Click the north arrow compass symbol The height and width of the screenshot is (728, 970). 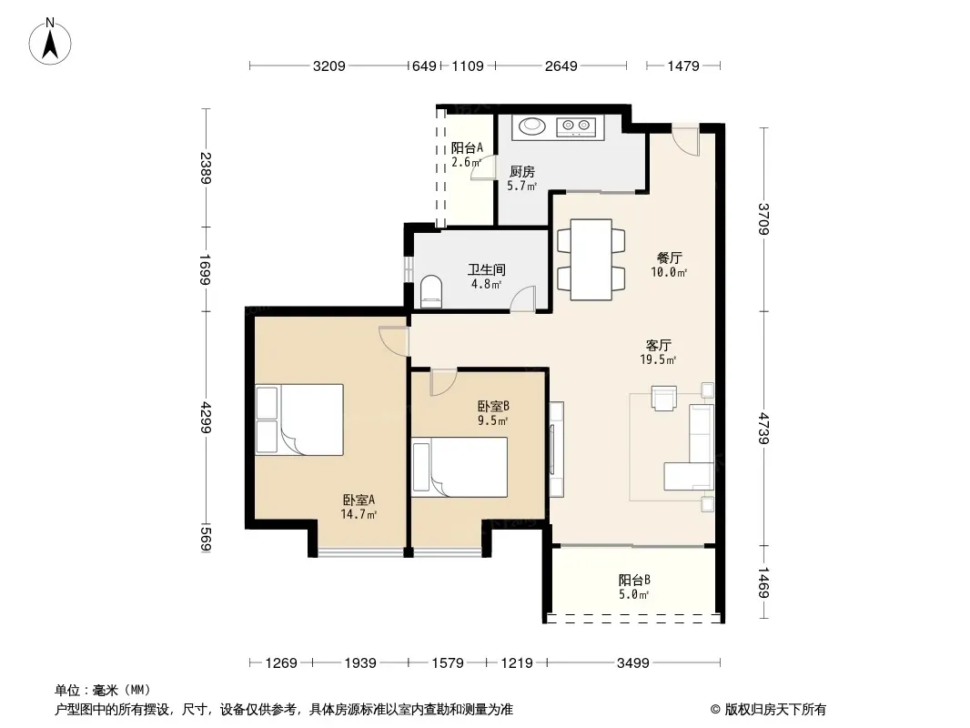pos(50,42)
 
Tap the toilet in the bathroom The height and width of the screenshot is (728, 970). pos(431,292)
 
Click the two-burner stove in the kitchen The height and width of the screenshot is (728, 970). pos(576,126)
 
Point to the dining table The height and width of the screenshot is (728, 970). pos(591,259)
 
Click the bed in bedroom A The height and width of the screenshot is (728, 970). pos(299,420)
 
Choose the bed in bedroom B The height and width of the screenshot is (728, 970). pos(460,467)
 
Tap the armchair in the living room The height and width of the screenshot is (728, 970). pos(663,399)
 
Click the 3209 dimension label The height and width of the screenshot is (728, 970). pos(329,66)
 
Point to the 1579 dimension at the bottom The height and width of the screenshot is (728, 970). pos(448,663)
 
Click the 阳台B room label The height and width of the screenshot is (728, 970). pos(634,581)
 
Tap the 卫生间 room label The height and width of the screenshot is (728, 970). pos(486,269)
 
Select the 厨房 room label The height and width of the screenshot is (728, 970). pos(521,172)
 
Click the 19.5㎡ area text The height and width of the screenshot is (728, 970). pos(658,359)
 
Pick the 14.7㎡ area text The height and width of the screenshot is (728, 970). pos(359,514)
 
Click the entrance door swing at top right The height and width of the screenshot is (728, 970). pos(686,140)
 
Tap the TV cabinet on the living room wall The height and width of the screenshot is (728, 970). pos(556,449)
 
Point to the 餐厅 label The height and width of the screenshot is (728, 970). pos(670,258)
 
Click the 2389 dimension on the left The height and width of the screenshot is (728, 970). pos(206,167)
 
